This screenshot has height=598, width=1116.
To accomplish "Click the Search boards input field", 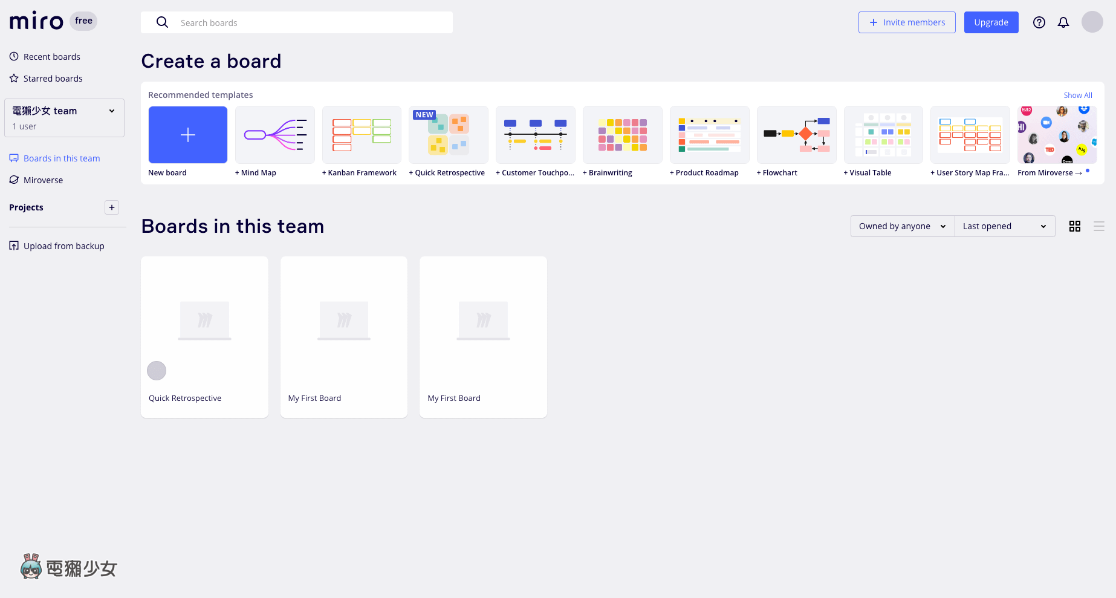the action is pyautogui.click(x=296, y=22).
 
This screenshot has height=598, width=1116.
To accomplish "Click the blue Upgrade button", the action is pyautogui.click(x=991, y=22).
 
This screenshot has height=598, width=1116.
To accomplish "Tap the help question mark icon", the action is pyautogui.click(x=1039, y=22).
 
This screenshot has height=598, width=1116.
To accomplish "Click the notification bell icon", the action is pyautogui.click(x=1063, y=22).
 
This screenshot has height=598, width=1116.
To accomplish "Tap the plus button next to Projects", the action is pyautogui.click(x=112, y=207).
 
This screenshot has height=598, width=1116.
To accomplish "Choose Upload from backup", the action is pyautogui.click(x=57, y=246).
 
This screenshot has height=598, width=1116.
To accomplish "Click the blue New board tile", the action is pyautogui.click(x=188, y=135).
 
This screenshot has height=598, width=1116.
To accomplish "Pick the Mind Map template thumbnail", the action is pyautogui.click(x=275, y=135).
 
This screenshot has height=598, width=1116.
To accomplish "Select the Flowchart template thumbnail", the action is pyautogui.click(x=797, y=135).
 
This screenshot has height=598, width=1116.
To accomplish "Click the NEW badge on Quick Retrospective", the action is pyautogui.click(x=424, y=115).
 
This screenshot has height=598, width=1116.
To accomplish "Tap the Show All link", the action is pyautogui.click(x=1078, y=96).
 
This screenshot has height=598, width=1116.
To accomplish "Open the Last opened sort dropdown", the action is pyautogui.click(x=1005, y=226).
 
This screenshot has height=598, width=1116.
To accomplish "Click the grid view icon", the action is pyautogui.click(x=1075, y=226).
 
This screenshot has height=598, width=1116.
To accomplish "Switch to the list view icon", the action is pyautogui.click(x=1099, y=226).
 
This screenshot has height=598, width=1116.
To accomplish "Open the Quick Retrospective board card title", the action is pyautogui.click(x=185, y=398).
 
